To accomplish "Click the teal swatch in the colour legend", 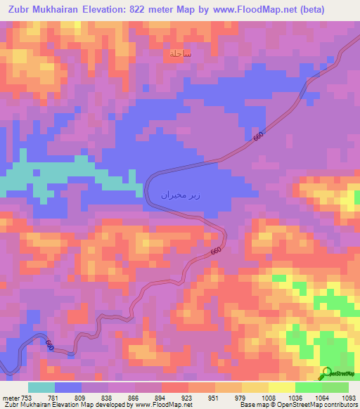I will pyautogui.click(x=41, y=387).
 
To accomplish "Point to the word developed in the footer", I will pyautogui.click(x=109, y=405).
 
